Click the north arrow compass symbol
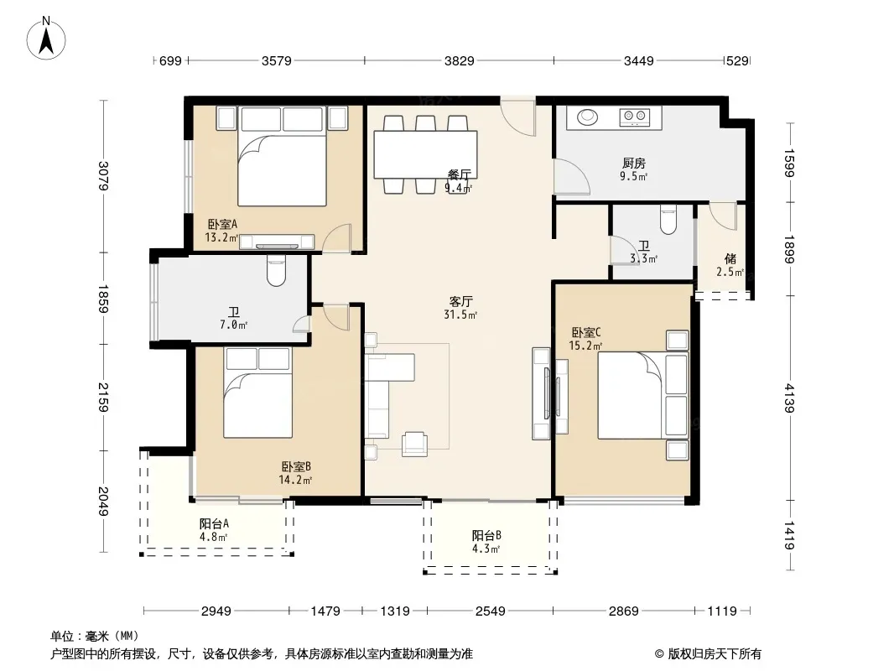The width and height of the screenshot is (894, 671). (x=46, y=38)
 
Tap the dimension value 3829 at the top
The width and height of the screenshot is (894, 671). (x=459, y=60)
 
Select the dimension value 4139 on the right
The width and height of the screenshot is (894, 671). (x=788, y=398)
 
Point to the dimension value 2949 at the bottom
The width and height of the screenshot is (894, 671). (x=216, y=611)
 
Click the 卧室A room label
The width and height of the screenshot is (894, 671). (x=222, y=224)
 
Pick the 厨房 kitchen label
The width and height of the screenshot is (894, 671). (x=633, y=163)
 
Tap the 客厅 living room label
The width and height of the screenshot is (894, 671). (x=460, y=301)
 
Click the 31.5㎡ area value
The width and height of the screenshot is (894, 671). (x=460, y=315)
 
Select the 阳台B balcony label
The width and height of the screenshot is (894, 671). (x=486, y=535)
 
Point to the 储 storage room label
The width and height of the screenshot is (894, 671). (x=730, y=259)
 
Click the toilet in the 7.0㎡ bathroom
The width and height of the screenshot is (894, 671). (x=276, y=270)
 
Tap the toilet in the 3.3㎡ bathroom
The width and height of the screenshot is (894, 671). (x=668, y=220)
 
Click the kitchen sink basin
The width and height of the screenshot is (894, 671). (x=587, y=117)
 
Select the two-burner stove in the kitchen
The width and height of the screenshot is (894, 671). (x=635, y=117)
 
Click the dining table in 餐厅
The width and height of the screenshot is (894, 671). (x=425, y=154)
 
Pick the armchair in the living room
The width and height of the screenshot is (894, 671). (x=414, y=444)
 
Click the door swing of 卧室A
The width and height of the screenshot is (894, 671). (x=336, y=237)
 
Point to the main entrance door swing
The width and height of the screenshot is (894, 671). (x=518, y=117)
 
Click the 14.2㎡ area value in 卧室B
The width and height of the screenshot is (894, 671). (x=295, y=480)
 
